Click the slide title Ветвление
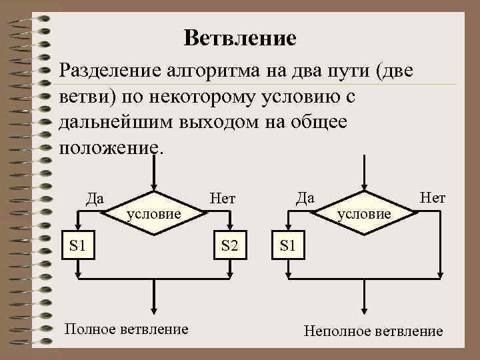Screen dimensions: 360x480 (240, 37)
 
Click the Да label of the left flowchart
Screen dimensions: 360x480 (95, 197)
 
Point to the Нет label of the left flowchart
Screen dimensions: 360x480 (222, 197)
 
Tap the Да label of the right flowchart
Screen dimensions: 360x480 (305, 197)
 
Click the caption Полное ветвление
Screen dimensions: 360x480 (126, 329)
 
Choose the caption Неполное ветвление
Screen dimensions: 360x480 (373, 331)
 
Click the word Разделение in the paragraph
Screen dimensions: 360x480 (109, 70)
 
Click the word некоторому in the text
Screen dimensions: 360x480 (204, 96)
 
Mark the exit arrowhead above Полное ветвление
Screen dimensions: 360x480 (154, 309)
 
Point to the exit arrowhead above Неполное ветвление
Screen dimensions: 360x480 (364, 309)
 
